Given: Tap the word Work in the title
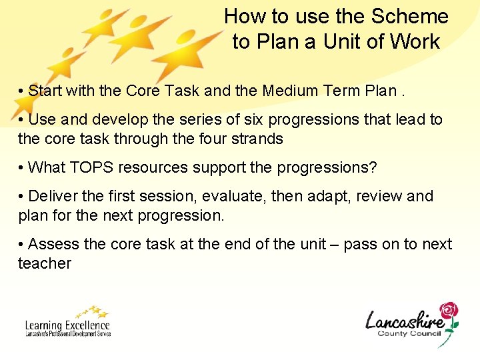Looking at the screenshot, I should point(415,41).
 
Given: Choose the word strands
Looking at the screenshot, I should point(257,139).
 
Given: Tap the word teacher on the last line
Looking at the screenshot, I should point(45,263).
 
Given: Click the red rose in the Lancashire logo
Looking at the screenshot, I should point(449,311).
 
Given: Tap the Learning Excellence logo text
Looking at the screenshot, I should point(67,325).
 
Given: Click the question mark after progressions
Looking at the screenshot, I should point(373,167).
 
